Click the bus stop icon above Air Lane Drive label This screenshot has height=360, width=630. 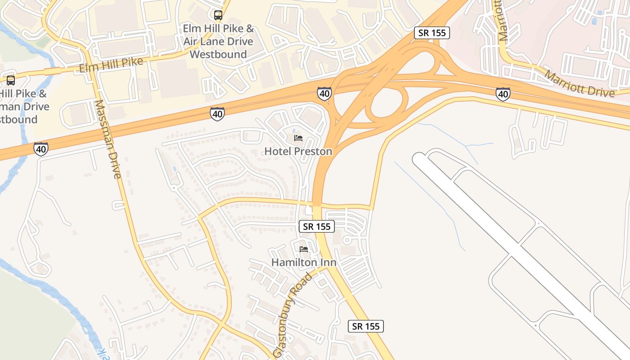coord(218,15)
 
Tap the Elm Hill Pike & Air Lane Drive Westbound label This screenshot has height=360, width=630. coord(218,41)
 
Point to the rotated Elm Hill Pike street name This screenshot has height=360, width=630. coord(111,64)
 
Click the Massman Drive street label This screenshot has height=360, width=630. coord(108,139)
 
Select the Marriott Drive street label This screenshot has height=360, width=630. coord(580,83)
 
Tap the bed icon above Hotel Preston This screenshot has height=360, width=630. coord(298,138)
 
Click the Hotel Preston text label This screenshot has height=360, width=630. coord(298,151)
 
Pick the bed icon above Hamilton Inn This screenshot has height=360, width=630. coord(304,249)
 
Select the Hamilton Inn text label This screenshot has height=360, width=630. coord(304,262)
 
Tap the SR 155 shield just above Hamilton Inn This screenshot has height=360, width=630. coord(317,226)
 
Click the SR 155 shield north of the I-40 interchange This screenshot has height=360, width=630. coord(432,33)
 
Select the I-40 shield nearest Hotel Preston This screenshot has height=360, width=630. coord(324,94)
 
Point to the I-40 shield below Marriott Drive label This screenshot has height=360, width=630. coord(503,94)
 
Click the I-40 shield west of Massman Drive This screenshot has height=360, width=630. coord(41,149)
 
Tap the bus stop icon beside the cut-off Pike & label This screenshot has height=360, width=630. coord(11,81)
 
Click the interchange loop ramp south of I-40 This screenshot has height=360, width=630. coord(387,105)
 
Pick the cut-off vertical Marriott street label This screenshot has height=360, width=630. coord(503,21)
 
